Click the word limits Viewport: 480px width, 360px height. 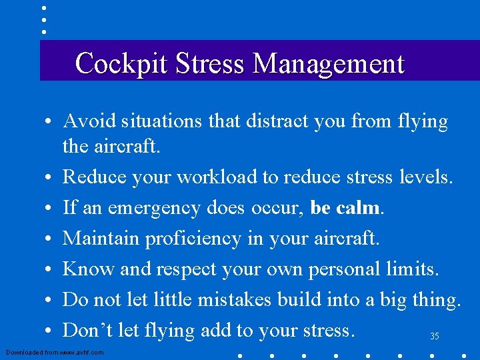coord(413,269)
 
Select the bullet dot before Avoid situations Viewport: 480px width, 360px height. coord(50,123)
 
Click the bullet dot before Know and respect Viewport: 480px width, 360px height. coord(50,270)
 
